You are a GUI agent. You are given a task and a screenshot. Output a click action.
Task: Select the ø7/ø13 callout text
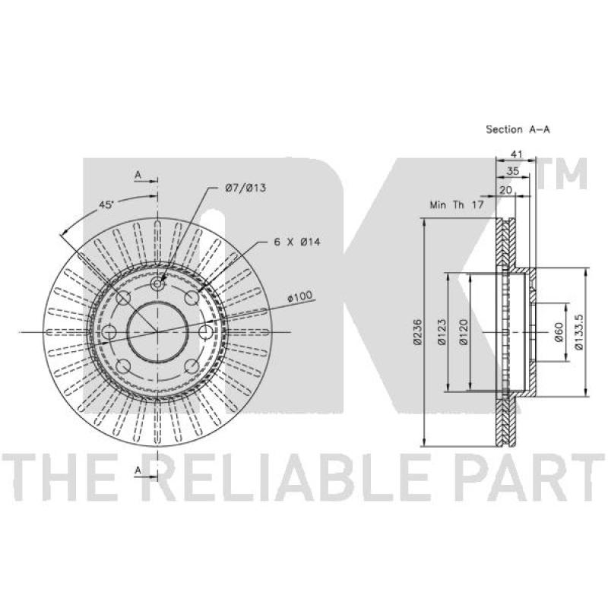(x=245, y=187)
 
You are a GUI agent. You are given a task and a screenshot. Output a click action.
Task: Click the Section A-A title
(x=518, y=130)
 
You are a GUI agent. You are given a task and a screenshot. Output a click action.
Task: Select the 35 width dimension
(x=513, y=172)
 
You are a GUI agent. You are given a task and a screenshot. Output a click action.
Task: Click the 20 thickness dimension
(x=505, y=190)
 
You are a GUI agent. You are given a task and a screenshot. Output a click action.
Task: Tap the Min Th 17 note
(x=457, y=204)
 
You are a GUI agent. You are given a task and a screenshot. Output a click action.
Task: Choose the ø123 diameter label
(x=441, y=333)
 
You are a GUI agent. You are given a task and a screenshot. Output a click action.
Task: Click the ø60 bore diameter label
(x=559, y=333)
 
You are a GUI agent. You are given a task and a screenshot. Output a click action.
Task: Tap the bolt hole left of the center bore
(x=109, y=332)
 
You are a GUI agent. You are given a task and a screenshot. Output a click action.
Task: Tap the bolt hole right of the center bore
(x=205, y=332)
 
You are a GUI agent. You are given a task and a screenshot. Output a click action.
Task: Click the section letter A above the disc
(x=138, y=175)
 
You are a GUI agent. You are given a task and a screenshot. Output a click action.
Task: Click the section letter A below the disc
(x=138, y=470)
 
